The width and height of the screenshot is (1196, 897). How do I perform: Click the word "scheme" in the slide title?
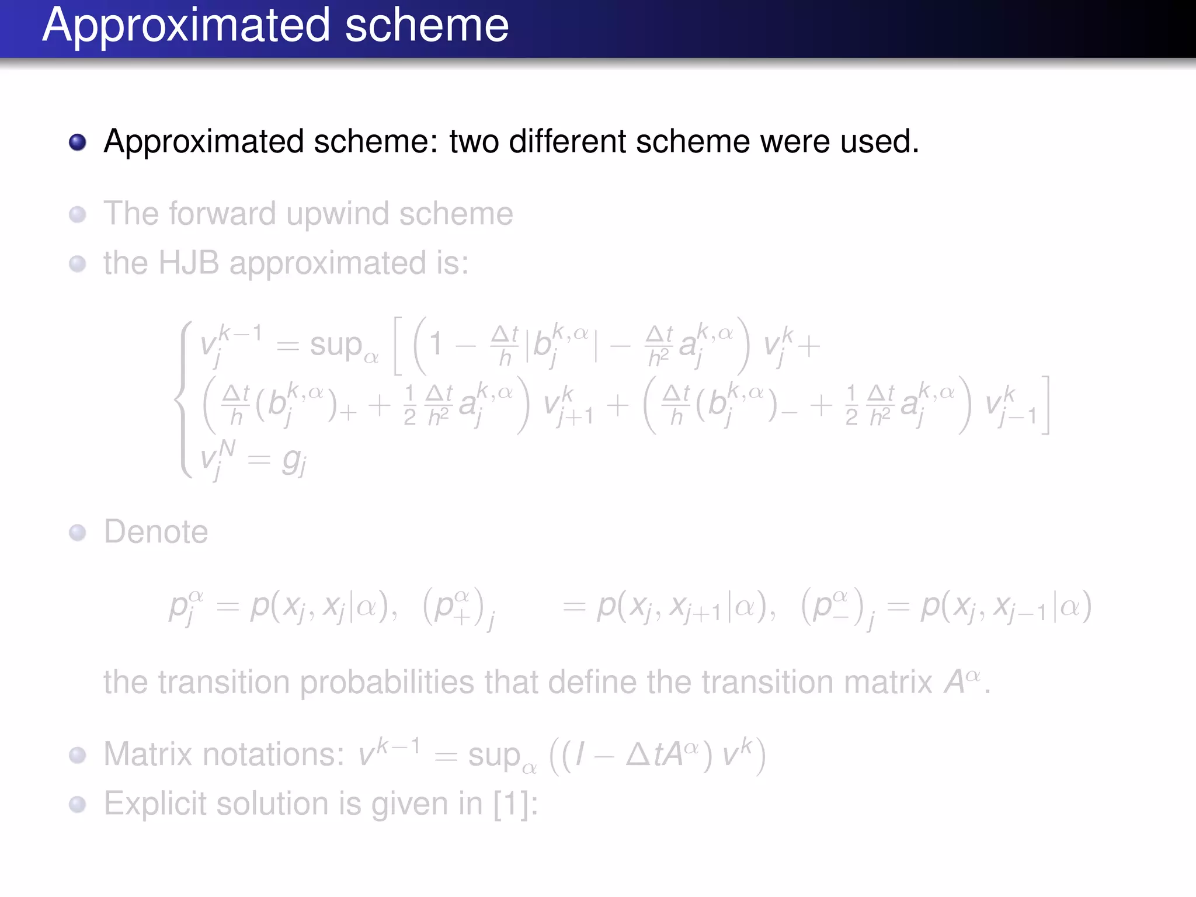(x=426, y=26)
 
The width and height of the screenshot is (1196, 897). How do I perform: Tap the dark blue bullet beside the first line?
(x=78, y=142)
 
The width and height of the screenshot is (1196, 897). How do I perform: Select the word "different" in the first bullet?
(x=567, y=142)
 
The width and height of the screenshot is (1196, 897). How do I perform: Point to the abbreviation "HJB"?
(x=189, y=263)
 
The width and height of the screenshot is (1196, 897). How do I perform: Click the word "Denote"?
(x=156, y=532)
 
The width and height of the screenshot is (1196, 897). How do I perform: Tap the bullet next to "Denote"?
(x=78, y=533)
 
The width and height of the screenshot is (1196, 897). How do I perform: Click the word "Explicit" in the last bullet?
(x=155, y=804)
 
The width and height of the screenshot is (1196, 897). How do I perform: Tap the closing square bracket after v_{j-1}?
(x=1045, y=405)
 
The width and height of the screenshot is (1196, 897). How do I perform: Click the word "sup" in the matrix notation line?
(x=494, y=756)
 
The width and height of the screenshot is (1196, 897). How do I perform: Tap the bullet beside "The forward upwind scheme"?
(x=78, y=214)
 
